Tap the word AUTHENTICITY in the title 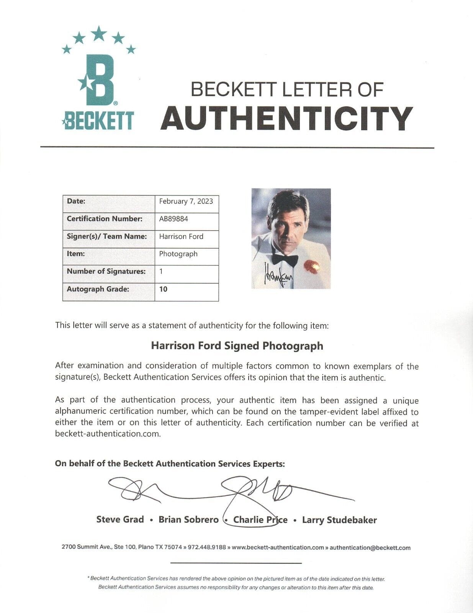pyautogui.click(x=286, y=118)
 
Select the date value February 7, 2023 pyautogui.click(x=186, y=201)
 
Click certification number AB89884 pyautogui.click(x=173, y=219)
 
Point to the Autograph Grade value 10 pyautogui.click(x=163, y=289)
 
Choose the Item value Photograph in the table pyautogui.click(x=178, y=254)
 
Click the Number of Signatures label pyautogui.click(x=106, y=271)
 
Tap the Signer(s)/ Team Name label pyautogui.click(x=106, y=236)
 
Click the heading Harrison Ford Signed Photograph pyautogui.click(x=237, y=346)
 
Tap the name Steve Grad pyautogui.click(x=120, y=520)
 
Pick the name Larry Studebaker pyautogui.click(x=339, y=520)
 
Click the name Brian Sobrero pyautogui.click(x=188, y=520)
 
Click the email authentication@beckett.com pyautogui.click(x=370, y=547)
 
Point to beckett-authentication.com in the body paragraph pyautogui.click(x=107, y=434)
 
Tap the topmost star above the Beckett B pyautogui.click(x=99, y=33)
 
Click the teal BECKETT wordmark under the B pyautogui.click(x=98, y=120)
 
